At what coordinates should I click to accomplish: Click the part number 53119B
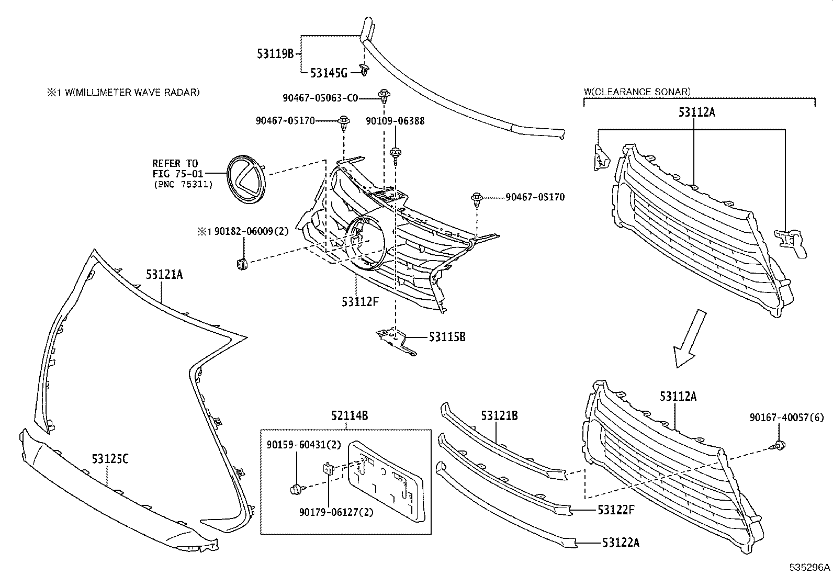pos(276,53)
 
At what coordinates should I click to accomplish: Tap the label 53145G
pos(329,73)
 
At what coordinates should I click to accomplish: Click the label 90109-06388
pos(395,121)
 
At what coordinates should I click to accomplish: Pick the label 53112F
pos(360,301)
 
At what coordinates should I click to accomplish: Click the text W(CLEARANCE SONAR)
pos(637,92)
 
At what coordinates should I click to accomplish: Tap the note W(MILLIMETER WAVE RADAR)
pos(128,93)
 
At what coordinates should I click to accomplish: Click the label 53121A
pos(164,274)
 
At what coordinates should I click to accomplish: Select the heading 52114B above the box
pos(349,416)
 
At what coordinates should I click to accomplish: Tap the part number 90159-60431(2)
pos(303,445)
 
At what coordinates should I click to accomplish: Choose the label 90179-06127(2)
pos(336,513)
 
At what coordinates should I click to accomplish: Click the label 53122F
pos(616,509)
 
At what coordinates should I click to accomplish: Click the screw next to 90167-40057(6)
pos(779,446)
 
